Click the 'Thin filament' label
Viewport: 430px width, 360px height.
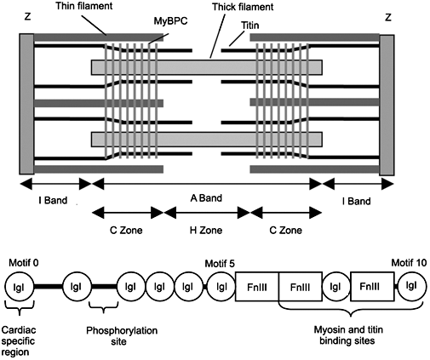84,6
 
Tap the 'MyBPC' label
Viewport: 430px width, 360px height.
170,21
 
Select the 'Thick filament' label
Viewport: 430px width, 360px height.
243,7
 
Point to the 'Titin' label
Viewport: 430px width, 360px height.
250,26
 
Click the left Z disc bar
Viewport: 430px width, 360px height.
26,104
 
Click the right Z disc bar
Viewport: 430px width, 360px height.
387,105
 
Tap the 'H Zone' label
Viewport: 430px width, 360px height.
206,230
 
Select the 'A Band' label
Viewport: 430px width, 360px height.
206,197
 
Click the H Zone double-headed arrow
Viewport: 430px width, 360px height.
206,213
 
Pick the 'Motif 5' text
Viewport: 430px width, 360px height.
220,264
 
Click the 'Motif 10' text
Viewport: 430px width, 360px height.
409,263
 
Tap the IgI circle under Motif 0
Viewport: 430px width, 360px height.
19,287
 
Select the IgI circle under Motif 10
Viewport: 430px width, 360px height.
412,286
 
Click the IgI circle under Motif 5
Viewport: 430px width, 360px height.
221,287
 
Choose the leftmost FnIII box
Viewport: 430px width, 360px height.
257,287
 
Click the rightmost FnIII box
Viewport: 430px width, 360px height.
372,287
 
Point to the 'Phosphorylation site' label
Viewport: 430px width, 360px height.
122,336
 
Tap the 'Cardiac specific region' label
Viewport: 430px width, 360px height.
19,340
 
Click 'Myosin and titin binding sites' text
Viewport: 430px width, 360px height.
348,335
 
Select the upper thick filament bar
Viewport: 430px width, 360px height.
207,67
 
